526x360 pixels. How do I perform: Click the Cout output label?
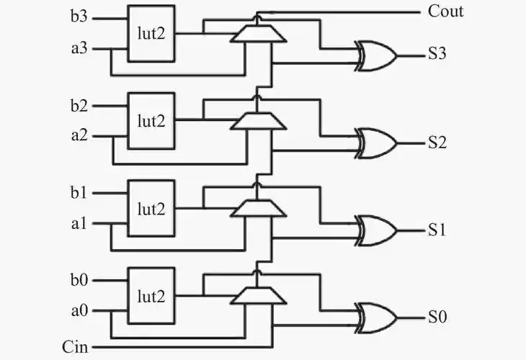(x=445, y=12)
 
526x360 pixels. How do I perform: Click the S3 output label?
(x=437, y=55)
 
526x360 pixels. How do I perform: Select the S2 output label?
(x=437, y=142)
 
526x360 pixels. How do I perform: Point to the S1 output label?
(x=437, y=230)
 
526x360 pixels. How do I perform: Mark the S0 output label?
(x=437, y=318)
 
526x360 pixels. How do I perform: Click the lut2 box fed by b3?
(x=151, y=33)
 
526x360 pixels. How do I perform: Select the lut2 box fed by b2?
(x=151, y=120)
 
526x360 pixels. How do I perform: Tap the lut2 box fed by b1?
(x=151, y=208)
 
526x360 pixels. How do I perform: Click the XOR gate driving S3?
(x=377, y=55)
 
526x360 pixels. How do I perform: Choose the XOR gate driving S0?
(x=377, y=318)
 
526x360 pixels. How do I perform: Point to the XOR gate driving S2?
(x=377, y=143)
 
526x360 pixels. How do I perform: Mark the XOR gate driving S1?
(x=377, y=230)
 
